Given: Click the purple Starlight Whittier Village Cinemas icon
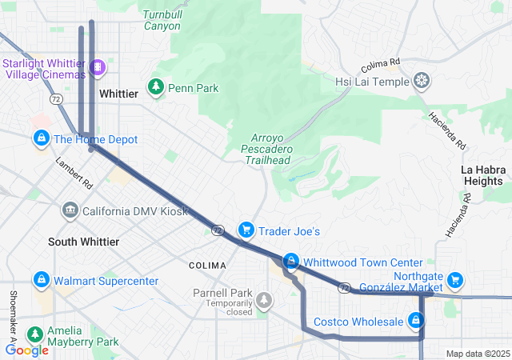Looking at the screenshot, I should click(x=97, y=67).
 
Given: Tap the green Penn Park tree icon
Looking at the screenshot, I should click(x=156, y=86).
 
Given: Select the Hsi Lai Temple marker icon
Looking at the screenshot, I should click(x=422, y=81).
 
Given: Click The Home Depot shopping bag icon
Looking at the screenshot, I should click(x=40, y=139).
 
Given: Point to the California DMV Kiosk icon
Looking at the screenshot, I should click(x=69, y=210).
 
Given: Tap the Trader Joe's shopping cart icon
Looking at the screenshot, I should click(x=246, y=230).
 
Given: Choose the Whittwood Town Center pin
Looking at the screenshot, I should click(x=292, y=262).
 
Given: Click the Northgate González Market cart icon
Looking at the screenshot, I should click(x=455, y=279).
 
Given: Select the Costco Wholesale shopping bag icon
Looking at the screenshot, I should click(x=414, y=321).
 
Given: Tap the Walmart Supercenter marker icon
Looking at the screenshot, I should click(x=40, y=280).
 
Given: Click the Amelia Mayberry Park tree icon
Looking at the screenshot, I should click(x=34, y=334).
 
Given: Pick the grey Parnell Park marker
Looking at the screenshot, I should click(x=263, y=300).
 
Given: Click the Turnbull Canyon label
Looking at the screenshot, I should click(x=162, y=20).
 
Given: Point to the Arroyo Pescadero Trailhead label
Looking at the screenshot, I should click(x=266, y=149).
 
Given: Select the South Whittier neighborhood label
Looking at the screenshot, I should click(x=83, y=242).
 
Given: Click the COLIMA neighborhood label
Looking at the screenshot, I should click(x=206, y=265).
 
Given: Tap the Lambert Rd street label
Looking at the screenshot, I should click(x=74, y=172).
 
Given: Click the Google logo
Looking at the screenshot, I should click(x=26, y=350).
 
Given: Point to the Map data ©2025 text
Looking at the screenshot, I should click(x=477, y=354).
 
